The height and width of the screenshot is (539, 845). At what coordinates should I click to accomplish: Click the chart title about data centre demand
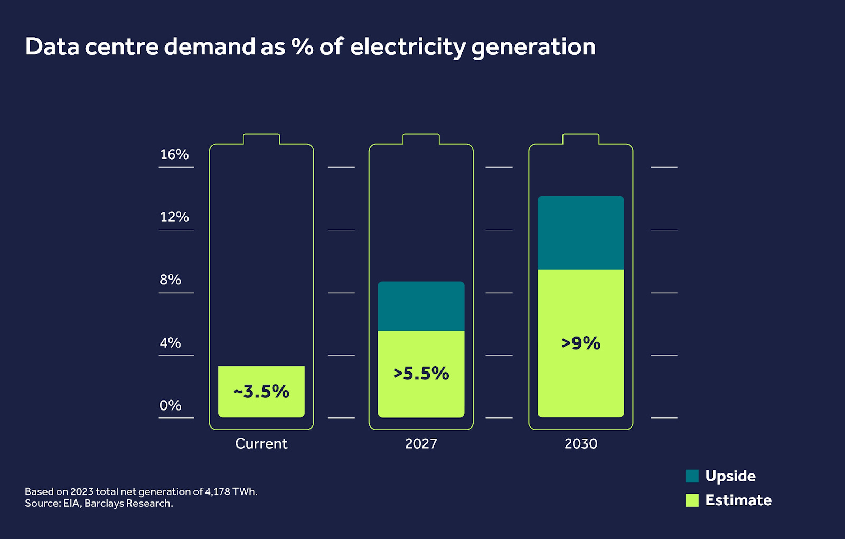pyautogui.click(x=310, y=47)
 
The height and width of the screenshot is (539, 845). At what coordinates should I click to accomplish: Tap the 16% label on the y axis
pyautogui.click(x=174, y=154)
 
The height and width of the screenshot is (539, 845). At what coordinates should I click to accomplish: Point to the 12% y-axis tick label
pyautogui.click(x=174, y=217)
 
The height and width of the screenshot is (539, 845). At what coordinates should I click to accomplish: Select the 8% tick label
pyautogui.click(x=170, y=280)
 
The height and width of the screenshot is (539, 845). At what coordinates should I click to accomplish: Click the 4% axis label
pyautogui.click(x=170, y=343)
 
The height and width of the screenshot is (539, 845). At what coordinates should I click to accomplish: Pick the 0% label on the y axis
pyautogui.click(x=170, y=405)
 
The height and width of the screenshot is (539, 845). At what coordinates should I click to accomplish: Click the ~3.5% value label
pyautogui.click(x=261, y=392)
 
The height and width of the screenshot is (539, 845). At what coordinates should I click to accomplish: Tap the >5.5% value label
pyautogui.click(x=421, y=374)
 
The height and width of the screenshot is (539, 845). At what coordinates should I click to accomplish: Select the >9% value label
pyautogui.click(x=581, y=343)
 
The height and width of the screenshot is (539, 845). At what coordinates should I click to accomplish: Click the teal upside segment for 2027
pyautogui.click(x=421, y=306)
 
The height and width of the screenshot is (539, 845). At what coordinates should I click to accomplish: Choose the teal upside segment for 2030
pyautogui.click(x=581, y=233)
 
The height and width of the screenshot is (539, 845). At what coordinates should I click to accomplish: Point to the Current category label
pyautogui.click(x=261, y=443)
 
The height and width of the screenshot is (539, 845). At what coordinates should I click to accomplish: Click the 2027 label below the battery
pyautogui.click(x=421, y=443)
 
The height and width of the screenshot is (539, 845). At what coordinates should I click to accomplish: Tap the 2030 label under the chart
pyautogui.click(x=581, y=443)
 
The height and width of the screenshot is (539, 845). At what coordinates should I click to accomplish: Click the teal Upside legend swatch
pyautogui.click(x=692, y=476)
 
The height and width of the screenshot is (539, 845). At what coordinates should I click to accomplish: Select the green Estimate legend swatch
pyautogui.click(x=692, y=500)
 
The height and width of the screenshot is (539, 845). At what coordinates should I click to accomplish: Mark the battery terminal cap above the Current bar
pyautogui.click(x=261, y=139)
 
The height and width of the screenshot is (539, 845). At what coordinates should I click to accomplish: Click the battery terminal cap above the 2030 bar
pyautogui.click(x=581, y=139)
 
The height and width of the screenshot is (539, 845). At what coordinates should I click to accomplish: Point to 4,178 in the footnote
pyautogui.click(x=218, y=491)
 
